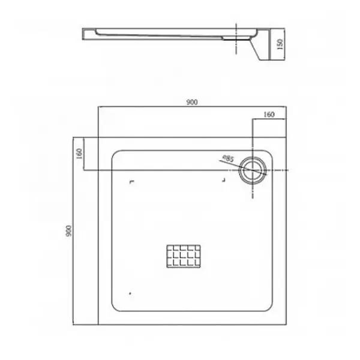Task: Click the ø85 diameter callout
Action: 227,158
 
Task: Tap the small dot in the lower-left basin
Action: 130,293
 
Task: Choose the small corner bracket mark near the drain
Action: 224,179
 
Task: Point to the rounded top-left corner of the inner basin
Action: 116,154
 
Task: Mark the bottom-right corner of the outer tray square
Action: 287,325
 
